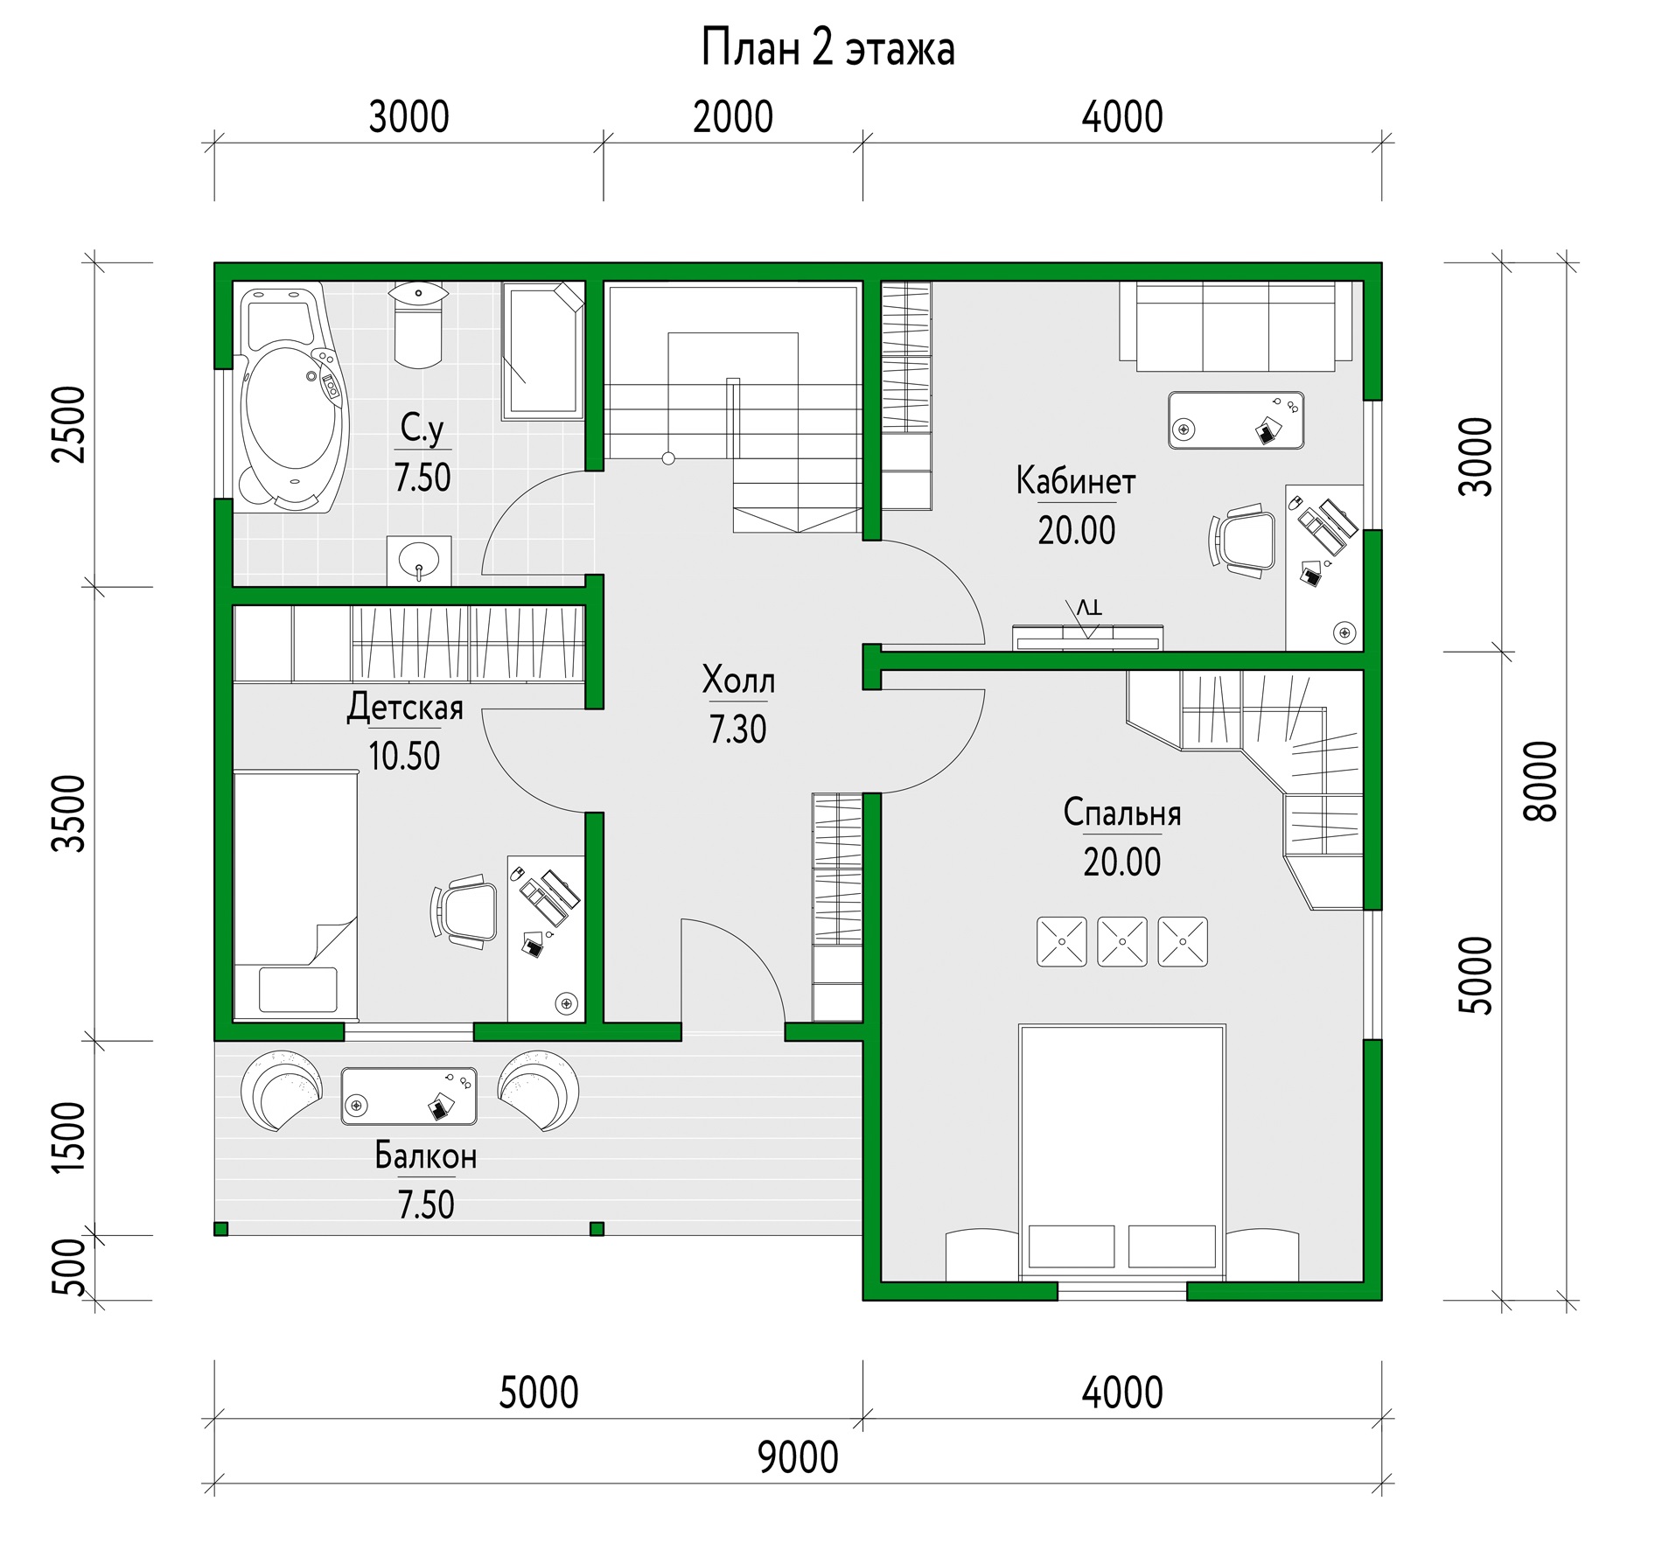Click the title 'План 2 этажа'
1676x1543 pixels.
pos(828,49)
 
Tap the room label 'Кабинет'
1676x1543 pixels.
pos(1076,481)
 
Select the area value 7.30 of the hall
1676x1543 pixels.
pos(737,729)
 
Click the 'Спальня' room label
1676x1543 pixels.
pos(1122,813)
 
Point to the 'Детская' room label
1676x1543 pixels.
pos(405,707)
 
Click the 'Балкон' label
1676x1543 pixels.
pos(426,1156)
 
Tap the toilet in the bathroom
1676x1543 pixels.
pos(418,325)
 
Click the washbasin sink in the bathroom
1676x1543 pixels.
pos(419,560)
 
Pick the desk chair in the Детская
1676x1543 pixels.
pos(464,911)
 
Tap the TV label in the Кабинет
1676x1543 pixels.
pos(1088,607)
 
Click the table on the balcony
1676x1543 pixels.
pos(409,1095)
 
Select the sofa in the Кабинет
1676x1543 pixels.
pos(1236,325)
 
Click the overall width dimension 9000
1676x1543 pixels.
pos(798,1457)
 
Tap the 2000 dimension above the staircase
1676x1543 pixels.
pos(733,117)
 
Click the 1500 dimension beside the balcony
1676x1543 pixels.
pos(69,1137)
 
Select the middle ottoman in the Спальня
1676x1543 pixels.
pos(1121,942)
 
